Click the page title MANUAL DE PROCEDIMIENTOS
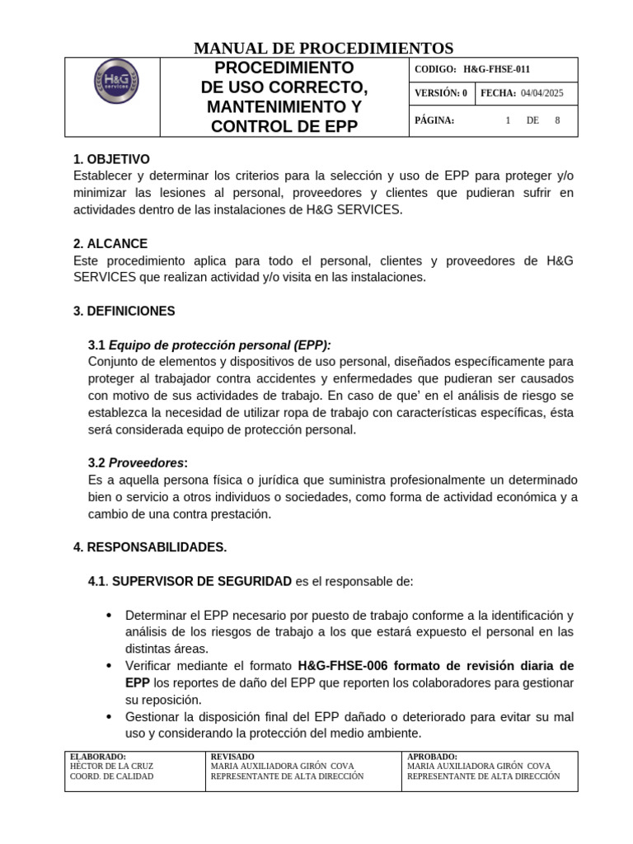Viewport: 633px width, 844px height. (323, 48)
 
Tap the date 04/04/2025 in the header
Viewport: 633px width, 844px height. (542, 94)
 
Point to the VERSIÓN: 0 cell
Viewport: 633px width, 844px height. (440, 94)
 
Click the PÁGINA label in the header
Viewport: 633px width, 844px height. (434, 120)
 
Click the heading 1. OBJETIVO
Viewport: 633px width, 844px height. (111, 159)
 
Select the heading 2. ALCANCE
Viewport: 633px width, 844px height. (110, 244)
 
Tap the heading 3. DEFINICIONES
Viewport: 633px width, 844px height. (124, 312)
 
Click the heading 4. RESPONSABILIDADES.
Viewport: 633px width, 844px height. (150, 547)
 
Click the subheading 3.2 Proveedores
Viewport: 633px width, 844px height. (138, 463)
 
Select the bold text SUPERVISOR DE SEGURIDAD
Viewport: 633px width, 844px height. (201, 582)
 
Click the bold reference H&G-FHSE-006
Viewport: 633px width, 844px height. (342, 666)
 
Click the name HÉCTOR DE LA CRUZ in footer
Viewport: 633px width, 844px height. (112, 766)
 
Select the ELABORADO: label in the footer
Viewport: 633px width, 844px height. (99, 756)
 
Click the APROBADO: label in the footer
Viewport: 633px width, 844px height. (433, 756)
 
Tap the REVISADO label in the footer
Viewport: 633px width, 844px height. (233, 756)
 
